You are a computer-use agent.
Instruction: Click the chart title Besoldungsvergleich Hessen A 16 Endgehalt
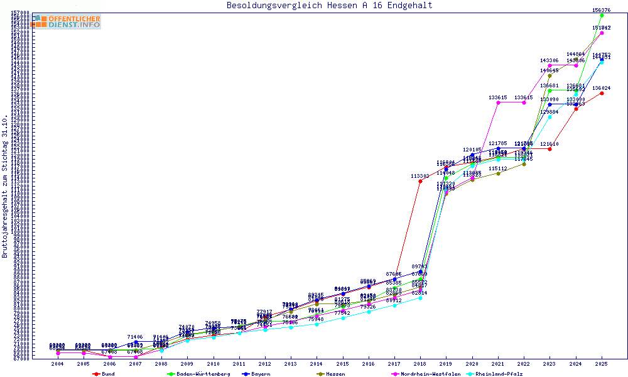pyautogui.click(x=329, y=6)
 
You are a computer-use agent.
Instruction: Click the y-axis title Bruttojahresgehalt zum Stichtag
pyautogui.click(x=6, y=187)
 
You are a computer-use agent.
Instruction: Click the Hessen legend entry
pyautogui.click(x=328, y=374)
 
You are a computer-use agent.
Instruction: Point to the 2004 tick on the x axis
pyautogui.click(x=57, y=364)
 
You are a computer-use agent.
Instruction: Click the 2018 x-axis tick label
pyautogui.click(x=420, y=364)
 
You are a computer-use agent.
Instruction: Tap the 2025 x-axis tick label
pyautogui.click(x=602, y=364)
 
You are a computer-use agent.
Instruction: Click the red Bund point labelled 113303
pyautogui.click(x=420, y=182)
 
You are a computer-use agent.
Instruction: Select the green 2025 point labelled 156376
pyautogui.click(x=602, y=15)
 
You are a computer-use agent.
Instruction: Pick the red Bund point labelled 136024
pyautogui.click(x=602, y=94)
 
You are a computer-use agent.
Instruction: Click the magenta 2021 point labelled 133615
pyautogui.click(x=498, y=102)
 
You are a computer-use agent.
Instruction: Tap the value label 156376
pyautogui.click(x=602, y=10)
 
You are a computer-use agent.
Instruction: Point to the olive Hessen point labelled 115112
pyautogui.click(x=498, y=173)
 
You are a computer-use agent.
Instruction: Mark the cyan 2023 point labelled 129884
pyautogui.click(x=549, y=117)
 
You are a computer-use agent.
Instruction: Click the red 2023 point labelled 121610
pyautogui.click(x=549, y=149)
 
